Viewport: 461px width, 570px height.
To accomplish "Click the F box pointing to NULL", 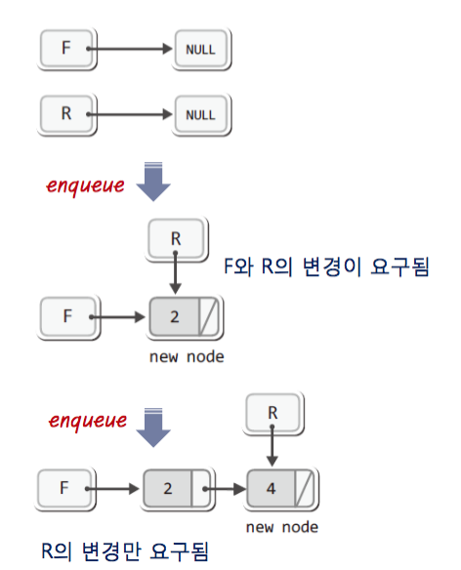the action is coord(66,49).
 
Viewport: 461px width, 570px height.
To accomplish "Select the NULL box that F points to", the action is coord(201,49).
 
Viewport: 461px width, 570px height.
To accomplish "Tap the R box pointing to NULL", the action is coord(66,114).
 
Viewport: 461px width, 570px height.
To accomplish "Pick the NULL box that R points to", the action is coord(201,114).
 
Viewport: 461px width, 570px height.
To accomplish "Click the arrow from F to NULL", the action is coord(129,49).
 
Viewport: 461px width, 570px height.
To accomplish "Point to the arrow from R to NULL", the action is coord(129,114).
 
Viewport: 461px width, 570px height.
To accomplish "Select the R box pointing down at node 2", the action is coord(177,239).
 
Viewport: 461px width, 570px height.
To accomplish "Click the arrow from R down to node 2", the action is coord(176,272).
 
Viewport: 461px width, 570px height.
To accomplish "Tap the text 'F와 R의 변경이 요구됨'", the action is coord(326,266).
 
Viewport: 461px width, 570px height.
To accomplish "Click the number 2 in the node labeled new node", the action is coord(175,317).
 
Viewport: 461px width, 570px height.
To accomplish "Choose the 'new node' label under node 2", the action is coord(187,357).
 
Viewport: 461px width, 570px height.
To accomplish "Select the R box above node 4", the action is coord(273,413).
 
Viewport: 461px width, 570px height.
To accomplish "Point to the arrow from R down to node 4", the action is coord(272,445).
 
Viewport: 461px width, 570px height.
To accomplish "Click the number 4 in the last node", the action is coord(271,489).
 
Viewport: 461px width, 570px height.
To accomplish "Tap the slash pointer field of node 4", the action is coord(304,489).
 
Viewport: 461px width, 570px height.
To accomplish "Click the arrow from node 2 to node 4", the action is coord(226,489).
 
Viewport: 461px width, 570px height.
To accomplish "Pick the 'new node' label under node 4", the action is coord(282,527).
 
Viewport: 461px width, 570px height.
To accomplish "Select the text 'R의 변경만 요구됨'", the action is coord(125,550).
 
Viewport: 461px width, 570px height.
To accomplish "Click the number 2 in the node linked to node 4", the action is coord(168,489).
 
